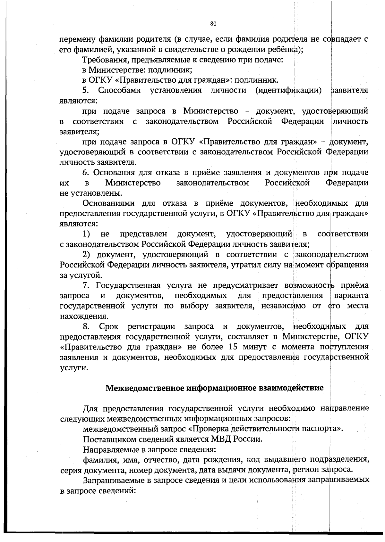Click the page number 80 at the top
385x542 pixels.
213,23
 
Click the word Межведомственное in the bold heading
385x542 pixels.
146,388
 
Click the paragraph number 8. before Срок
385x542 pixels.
86,326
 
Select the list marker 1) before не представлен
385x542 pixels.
86,234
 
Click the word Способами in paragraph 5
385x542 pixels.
120,90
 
